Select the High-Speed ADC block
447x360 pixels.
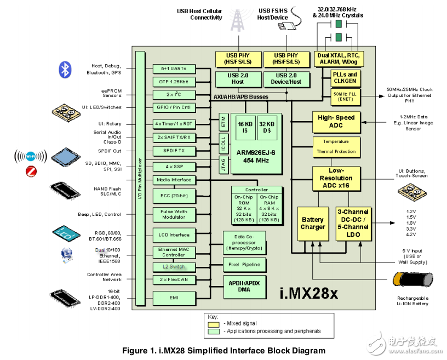point(336,122)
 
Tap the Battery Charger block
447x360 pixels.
point(313,224)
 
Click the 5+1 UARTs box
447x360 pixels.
point(174,68)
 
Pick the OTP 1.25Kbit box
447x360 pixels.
point(174,82)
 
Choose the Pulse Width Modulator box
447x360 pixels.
point(174,214)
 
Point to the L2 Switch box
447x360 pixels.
point(174,267)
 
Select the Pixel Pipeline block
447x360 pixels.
point(245,265)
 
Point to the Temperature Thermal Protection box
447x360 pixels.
point(336,146)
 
